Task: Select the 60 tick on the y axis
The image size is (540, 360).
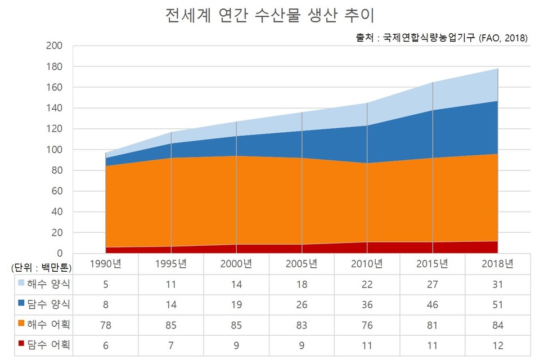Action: pos(57,191)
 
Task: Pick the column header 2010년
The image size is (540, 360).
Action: pos(367,263)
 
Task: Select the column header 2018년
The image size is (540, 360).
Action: pos(497,263)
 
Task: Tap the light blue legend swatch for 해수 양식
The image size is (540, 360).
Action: pos(21,284)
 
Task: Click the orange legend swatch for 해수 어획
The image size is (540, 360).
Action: pos(21,325)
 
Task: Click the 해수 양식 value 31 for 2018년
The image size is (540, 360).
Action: pos(497,284)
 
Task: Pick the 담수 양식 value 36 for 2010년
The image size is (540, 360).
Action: pos(367,304)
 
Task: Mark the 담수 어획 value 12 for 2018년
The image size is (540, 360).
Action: pos(497,345)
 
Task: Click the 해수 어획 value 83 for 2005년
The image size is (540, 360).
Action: pos(302,325)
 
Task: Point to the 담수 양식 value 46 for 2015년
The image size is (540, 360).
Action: pos(433,304)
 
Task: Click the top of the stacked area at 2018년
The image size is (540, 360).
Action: pos(497,69)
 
